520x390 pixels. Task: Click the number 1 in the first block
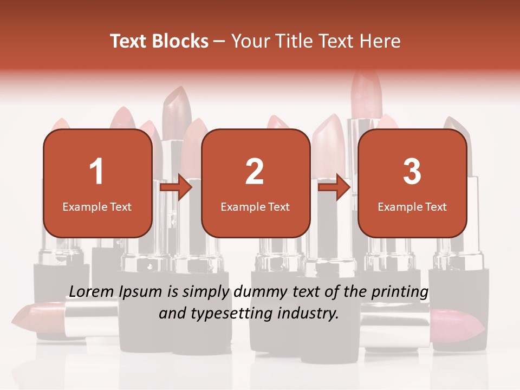click(x=96, y=172)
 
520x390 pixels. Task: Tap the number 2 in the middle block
click(x=255, y=172)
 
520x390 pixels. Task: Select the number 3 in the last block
click(x=412, y=172)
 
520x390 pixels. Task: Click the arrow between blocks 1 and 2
click(x=176, y=188)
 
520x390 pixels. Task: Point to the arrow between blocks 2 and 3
click(x=334, y=188)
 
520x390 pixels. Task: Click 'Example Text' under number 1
click(x=97, y=207)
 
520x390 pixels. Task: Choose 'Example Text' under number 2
click(x=255, y=207)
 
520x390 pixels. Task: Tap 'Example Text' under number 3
click(x=412, y=207)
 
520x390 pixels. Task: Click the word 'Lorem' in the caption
click(x=91, y=291)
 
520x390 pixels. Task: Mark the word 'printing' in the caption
click(x=399, y=292)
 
